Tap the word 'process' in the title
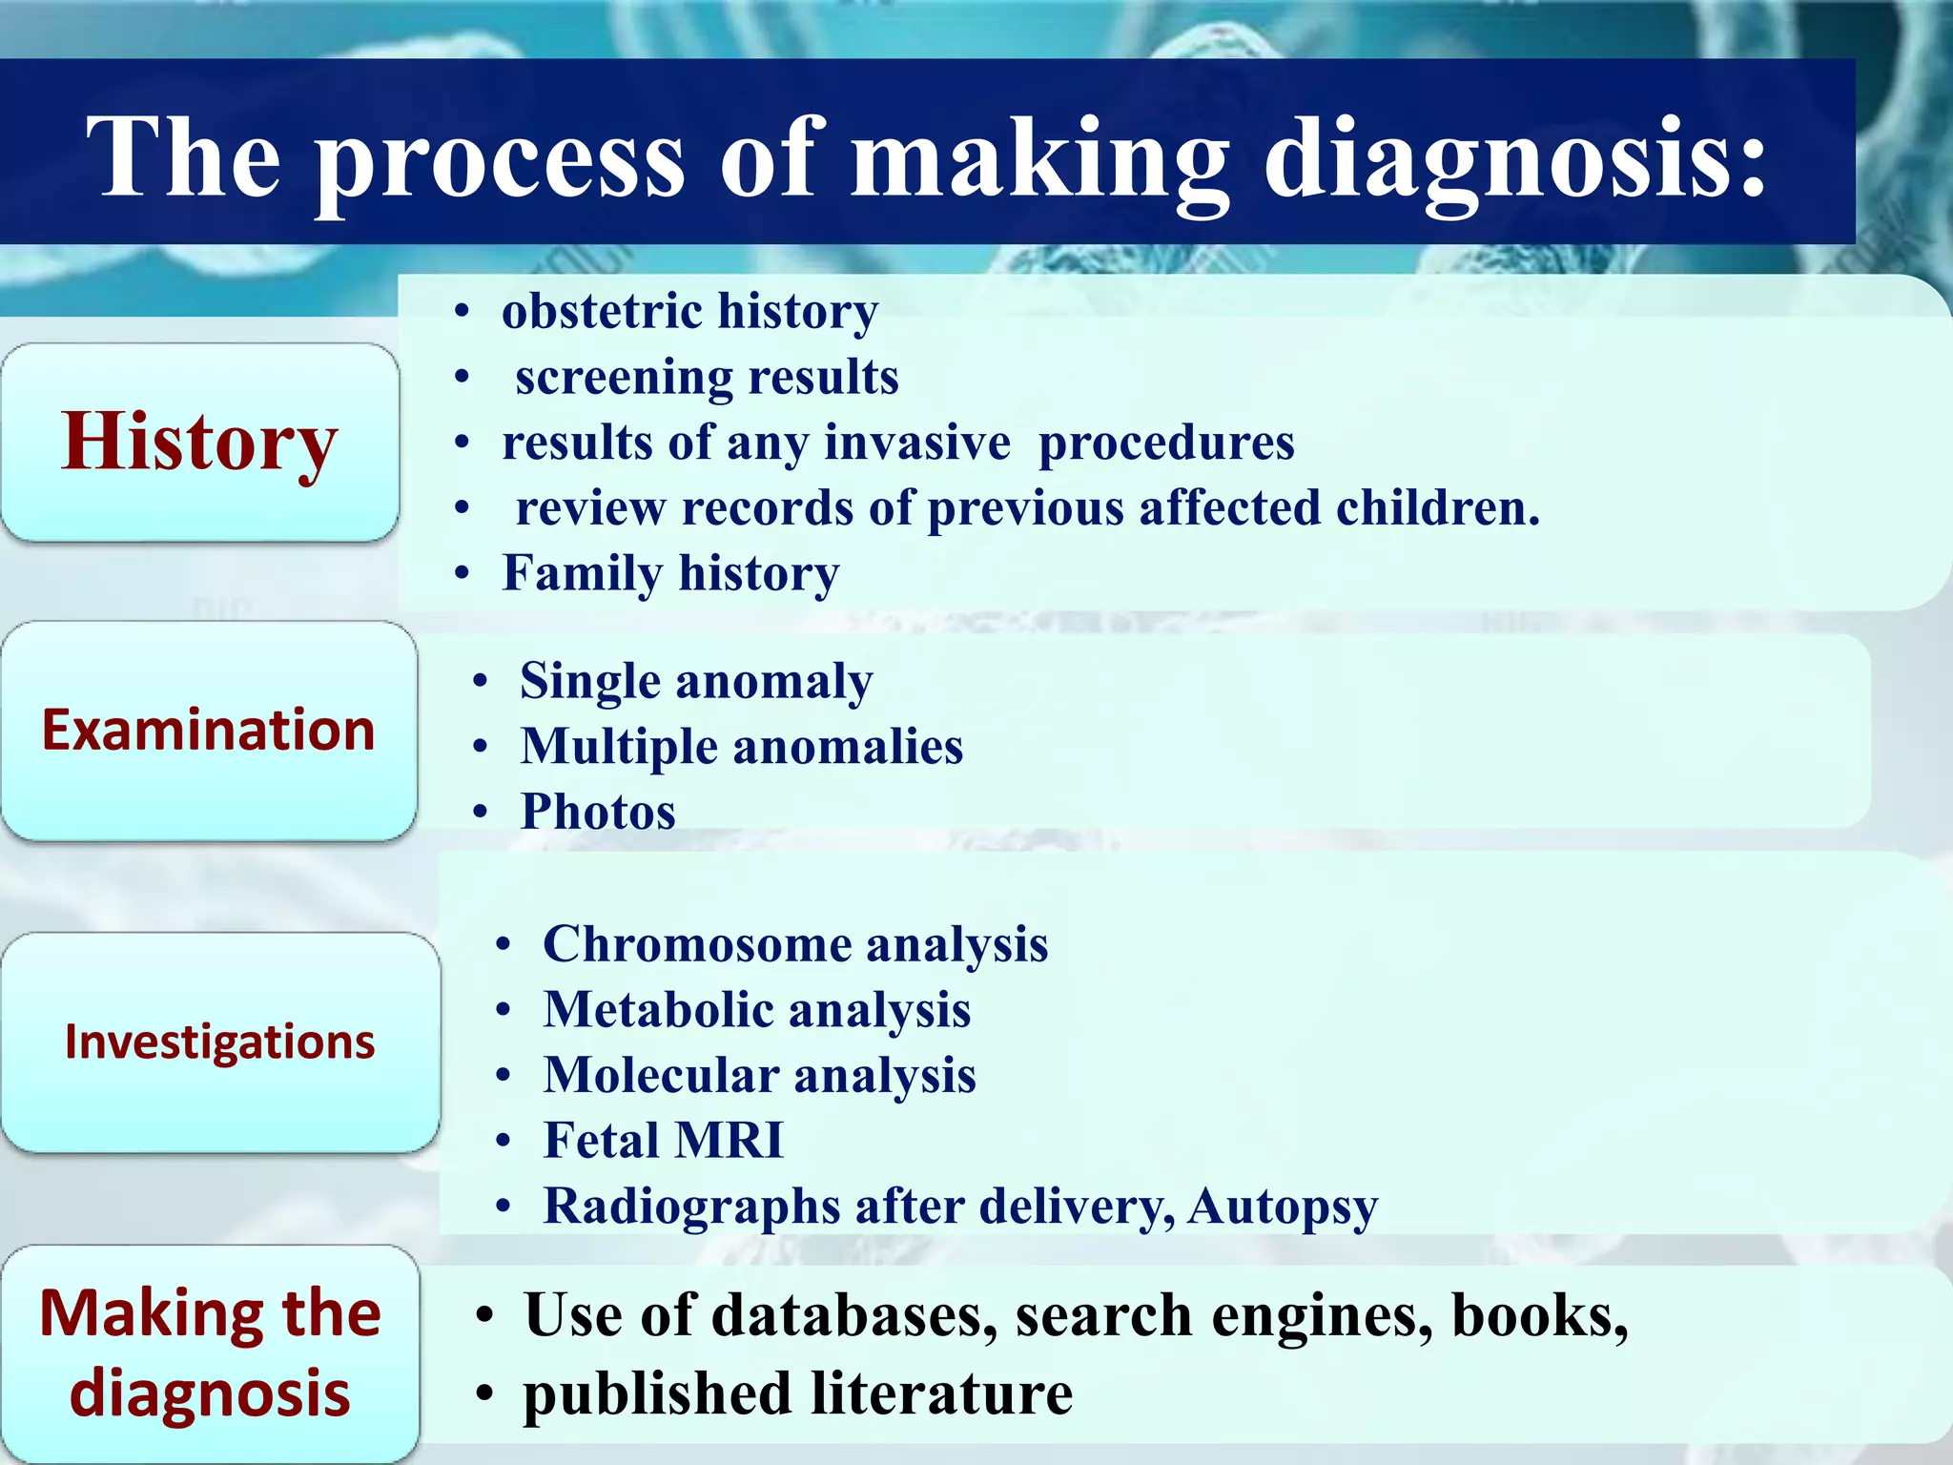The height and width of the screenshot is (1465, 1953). coord(500,158)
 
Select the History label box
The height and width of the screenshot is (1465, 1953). coord(199,443)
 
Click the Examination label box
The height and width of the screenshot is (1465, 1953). coord(208,731)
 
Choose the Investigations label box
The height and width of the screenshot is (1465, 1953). coord(219,1042)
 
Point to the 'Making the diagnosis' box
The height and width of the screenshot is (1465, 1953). coord(210,1352)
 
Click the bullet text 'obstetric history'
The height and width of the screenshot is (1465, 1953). coord(689,311)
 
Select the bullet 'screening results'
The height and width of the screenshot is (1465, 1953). coord(707,377)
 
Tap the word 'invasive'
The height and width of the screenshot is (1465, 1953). coord(916,443)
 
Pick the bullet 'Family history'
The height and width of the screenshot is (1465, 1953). coord(670,573)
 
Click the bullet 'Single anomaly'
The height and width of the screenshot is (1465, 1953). coord(696,682)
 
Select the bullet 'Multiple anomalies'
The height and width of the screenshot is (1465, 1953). coord(741,747)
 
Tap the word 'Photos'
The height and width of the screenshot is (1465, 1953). coord(598,812)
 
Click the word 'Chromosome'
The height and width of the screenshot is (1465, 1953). coord(696,944)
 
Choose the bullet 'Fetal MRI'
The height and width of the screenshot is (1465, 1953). coord(663,1141)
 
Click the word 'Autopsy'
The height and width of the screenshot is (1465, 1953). coord(1283,1207)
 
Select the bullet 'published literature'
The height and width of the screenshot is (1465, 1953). coord(797,1394)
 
